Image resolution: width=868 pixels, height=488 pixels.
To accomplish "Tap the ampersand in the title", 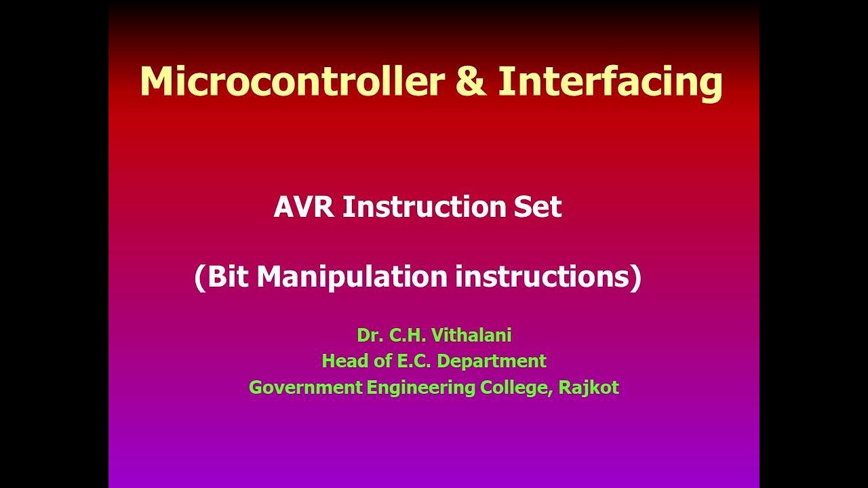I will [x=471, y=81].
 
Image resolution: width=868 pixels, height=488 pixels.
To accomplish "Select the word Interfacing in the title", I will [x=610, y=81].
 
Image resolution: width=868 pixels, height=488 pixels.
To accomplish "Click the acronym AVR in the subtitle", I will [x=304, y=207].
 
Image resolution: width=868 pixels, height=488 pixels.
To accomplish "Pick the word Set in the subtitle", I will [x=536, y=207].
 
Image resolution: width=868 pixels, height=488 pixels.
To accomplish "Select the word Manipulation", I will [x=352, y=277].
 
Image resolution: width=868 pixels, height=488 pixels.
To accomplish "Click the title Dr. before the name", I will [x=370, y=335].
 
